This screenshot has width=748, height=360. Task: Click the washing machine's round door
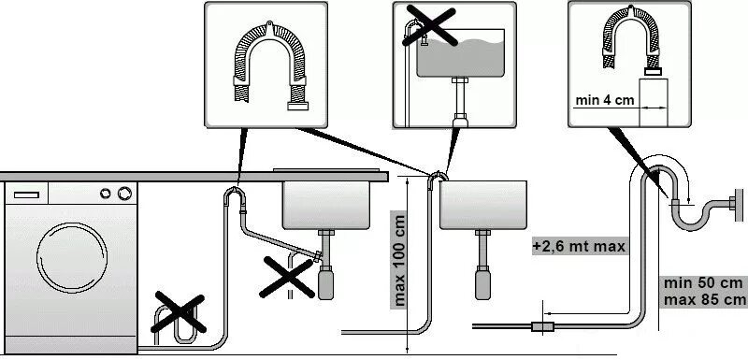click(72, 257)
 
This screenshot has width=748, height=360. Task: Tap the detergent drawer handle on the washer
click(26, 194)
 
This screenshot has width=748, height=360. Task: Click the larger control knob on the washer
click(124, 194)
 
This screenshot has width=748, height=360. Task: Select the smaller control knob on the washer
click(106, 194)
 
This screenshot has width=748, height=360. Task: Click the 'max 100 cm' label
click(399, 260)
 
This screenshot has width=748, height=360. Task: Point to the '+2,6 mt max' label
click(579, 247)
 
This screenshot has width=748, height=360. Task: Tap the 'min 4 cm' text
click(605, 100)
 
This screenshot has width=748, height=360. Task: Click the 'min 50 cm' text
click(703, 282)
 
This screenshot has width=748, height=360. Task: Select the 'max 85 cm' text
click(704, 299)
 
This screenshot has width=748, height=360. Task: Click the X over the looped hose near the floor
click(179, 313)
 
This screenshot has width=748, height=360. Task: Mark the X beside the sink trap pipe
click(287, 277)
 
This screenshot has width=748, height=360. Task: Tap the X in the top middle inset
click(429, 26)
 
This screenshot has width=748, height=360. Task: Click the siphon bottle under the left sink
click(325, 282)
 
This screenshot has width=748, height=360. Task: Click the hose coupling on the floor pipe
click(542, 326)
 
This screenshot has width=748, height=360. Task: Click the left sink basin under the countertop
click(326, 205)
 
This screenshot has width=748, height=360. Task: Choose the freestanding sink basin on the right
click(482, 205)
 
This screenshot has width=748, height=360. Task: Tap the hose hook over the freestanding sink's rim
click(438, 178)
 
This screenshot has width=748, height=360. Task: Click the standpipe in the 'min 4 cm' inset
click(653, 103)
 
